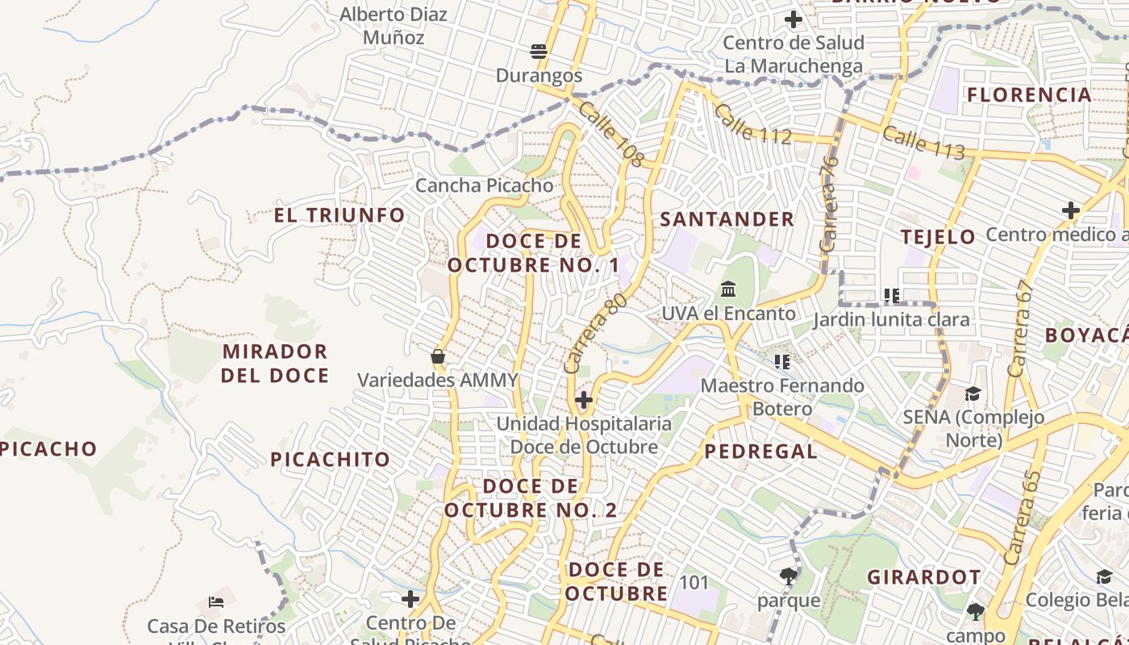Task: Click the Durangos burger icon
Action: [x=539, y=52]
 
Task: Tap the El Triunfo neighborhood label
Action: [x=340, y=215]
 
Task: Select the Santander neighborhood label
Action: [x=727, y=219]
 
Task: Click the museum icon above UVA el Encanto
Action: [x=728, y=289]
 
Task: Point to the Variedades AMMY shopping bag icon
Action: [x=438, y=356]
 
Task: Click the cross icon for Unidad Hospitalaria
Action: [x=584, y=400]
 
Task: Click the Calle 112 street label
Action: [x=752, y=124]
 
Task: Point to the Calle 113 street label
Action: [x=923, y=143]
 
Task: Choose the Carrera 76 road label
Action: [x=830, y=205]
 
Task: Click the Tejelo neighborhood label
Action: [x=938, y=237]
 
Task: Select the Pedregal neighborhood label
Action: [x=761, y=451]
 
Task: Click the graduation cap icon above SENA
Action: [x=973, y=393]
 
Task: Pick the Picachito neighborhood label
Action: [x=330, y=460]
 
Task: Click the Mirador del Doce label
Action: [x=275, y=364]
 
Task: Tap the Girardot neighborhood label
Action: [x=924, y=577]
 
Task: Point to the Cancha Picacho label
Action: [x=484, y=185]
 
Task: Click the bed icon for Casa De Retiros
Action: [x=215, y=601]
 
